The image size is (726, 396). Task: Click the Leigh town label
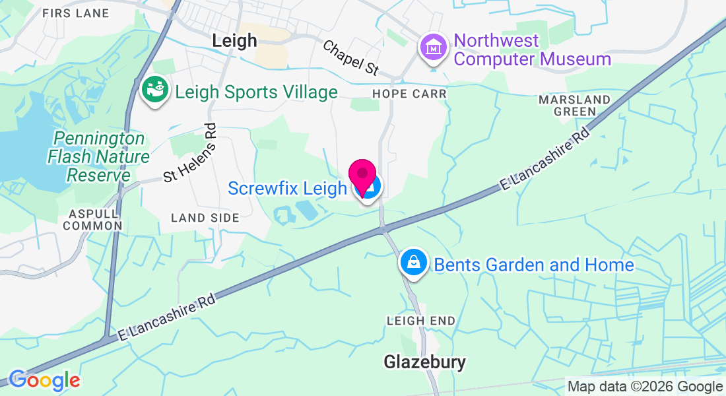[234, 41]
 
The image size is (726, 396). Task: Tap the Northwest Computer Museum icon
[433, 48]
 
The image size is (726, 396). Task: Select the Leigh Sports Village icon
[155, 92]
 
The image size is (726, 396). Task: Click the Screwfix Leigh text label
[287, 189]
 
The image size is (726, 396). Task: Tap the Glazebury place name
[425, 362]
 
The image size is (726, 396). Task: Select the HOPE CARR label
[409, 94]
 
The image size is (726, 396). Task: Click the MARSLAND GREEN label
[574, 106]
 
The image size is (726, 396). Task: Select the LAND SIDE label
[205, 217]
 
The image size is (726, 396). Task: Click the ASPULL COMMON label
[95, 219]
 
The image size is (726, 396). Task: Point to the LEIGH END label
[421, 321]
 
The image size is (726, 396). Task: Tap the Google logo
[44, 380]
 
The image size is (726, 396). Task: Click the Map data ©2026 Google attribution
[645, 387]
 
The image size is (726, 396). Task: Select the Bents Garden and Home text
[533, 265]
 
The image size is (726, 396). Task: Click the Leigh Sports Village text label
[256, 92]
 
